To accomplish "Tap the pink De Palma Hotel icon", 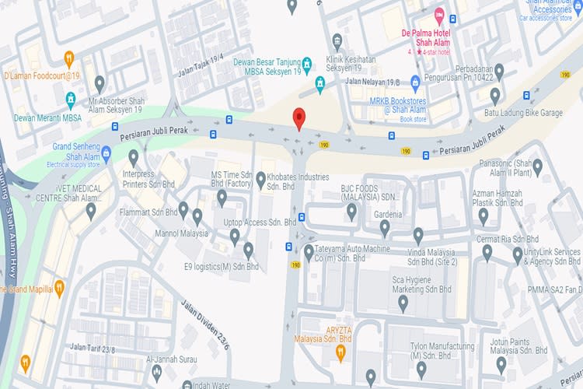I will click(439, 15).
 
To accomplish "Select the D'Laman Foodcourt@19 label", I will click(42, 75).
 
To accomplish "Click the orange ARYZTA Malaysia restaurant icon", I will click(340, 352).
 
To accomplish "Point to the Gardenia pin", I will click(384, 227).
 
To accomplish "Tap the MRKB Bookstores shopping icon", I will click(415, 81).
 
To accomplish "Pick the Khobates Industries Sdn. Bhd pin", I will click(261, 180).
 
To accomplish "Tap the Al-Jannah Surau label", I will click(171, 359).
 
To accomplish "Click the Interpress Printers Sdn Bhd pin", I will click(133, 157).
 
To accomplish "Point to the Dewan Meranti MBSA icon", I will click(71, 100).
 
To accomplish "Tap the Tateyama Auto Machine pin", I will click(309, 251).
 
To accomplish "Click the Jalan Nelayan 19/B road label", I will click(373, 81).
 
